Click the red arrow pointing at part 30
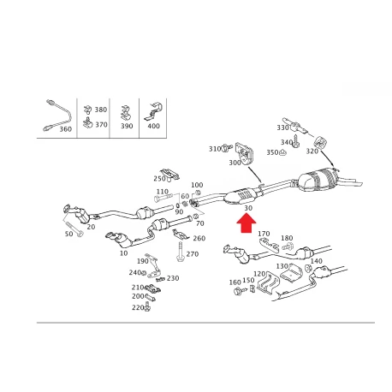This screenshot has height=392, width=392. pyautogui.click(x=246, y=223)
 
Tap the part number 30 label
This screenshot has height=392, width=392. pyautogui.click(x=248, y=208)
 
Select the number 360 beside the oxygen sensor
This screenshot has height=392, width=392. pyautogui.click(x=65, y=129)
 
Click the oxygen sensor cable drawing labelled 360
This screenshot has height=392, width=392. pyautogui.click(x=57, y=116)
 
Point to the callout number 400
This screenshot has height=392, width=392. pyautogui.click(x=153, y=126)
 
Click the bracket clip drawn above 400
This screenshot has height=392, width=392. pyautogui.click(x=153, y=110)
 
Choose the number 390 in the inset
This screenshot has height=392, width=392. pyautogui.click(x=127, y=126)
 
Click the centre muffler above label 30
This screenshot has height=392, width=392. pyautogui.click(x=241, y=196)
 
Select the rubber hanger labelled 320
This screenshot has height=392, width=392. pyautogui.click(x=320, y=142)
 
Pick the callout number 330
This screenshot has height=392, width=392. pyautogui.click(x=282, y=128)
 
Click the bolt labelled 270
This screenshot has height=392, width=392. pyautogui.click(x=180, y=252)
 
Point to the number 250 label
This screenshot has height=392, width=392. pyautogui.click(x=159, y=179)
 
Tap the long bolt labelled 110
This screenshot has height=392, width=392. pyautogui.click(x=163, y=197)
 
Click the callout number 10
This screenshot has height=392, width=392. pyautogui.click(x=123, y=253)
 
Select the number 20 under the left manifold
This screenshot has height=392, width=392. pyautogui.click(x=91, y=227)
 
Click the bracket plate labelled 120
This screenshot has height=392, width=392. pyautogui.click(x=269, y=282)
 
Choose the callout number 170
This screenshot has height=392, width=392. pyautogui.click(x=264, y=234)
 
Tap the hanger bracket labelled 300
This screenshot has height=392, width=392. pyautogui.click(x=245, y=154)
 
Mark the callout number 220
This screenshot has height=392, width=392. pyautogui.click(x=138, y=307)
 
